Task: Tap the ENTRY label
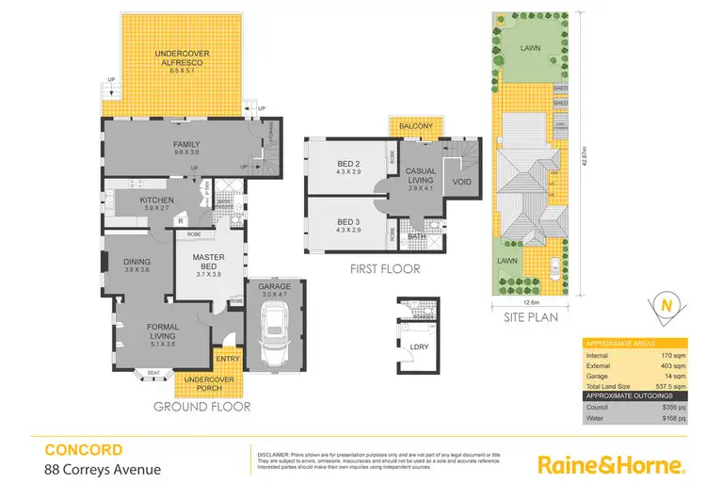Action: (x=227, y=359)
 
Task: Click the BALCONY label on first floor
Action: (x=415, y=126)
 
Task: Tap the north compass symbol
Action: (x=666, y=306)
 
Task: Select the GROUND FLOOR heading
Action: (x=201, y=407)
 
